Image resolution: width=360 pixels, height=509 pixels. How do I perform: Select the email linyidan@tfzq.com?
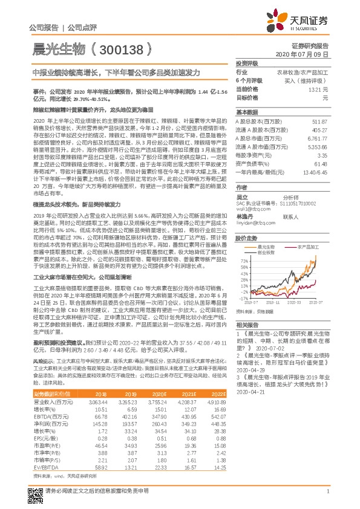tap(252, 223)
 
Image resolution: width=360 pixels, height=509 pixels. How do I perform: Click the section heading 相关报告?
tap(247, 324)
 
